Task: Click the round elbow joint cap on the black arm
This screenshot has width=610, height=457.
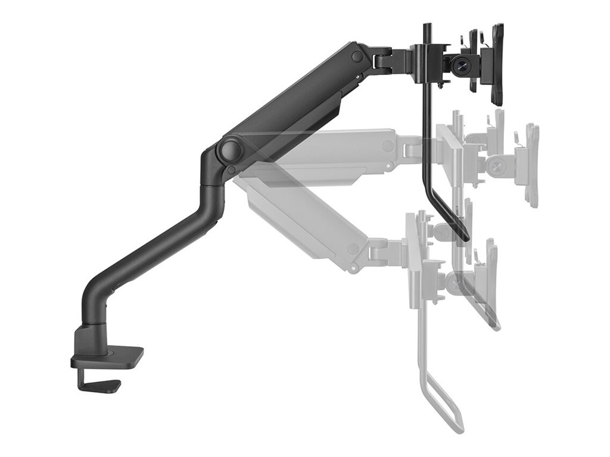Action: pos(229,149)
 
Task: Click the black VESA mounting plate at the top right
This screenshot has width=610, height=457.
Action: pos(497,65)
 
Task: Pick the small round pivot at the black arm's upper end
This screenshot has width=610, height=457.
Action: pos(357,57)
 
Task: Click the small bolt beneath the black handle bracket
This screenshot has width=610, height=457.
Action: pos(441,87)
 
